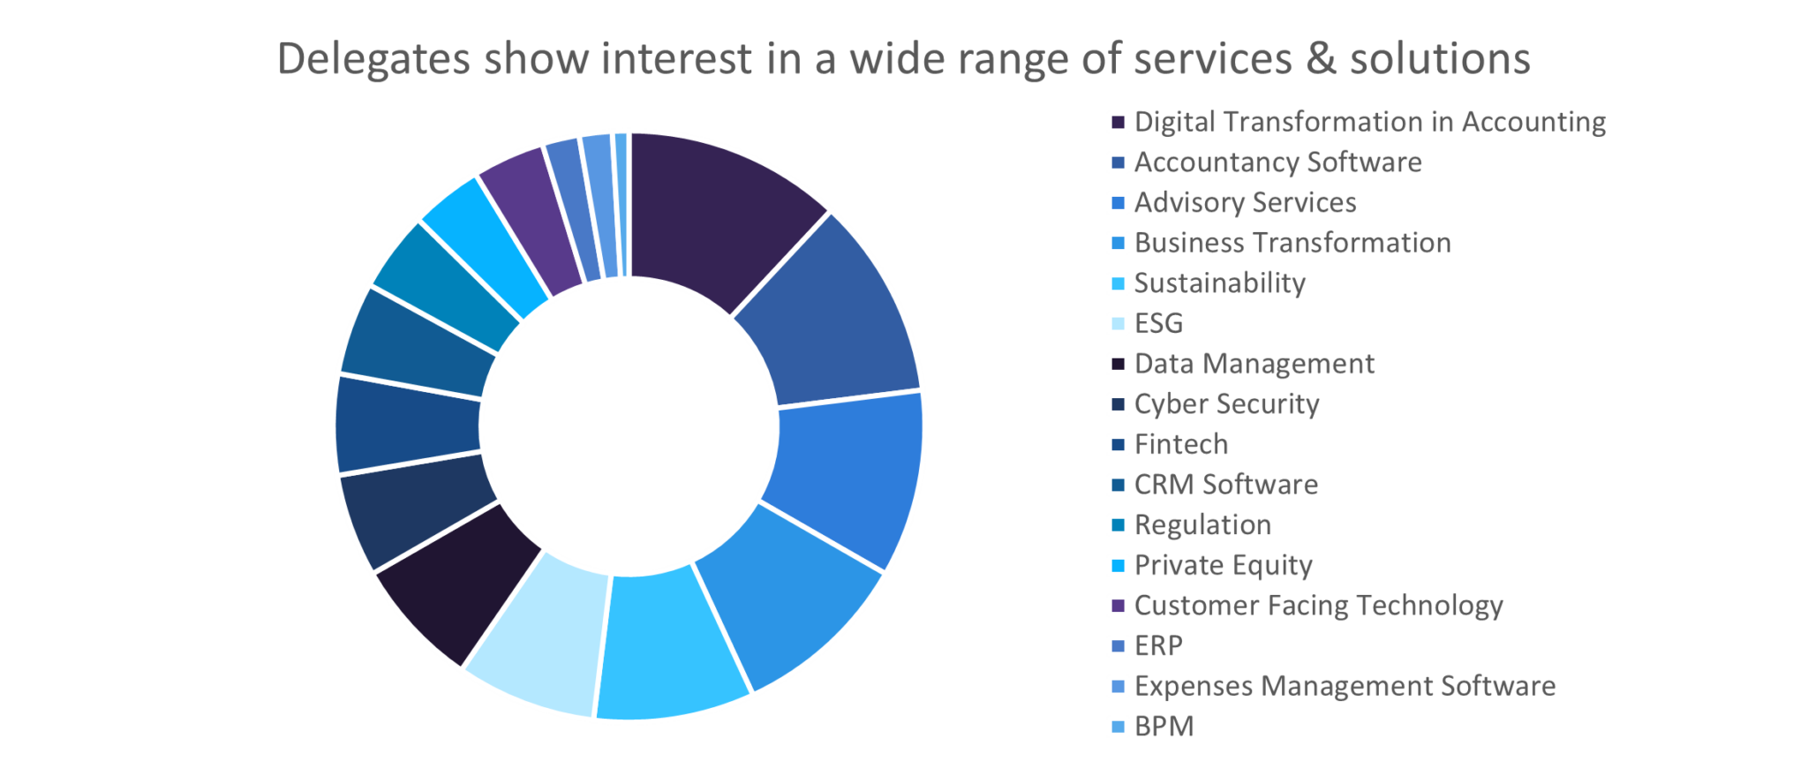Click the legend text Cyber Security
[1226, 404]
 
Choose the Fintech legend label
[1181, 444]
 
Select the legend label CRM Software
[1226, 485]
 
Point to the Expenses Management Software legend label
[1345, 686]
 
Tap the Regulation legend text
[1202, 525]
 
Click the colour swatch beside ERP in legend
[1118, 646]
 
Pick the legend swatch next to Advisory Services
[1118, 203]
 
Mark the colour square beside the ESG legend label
[1118, 324]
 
